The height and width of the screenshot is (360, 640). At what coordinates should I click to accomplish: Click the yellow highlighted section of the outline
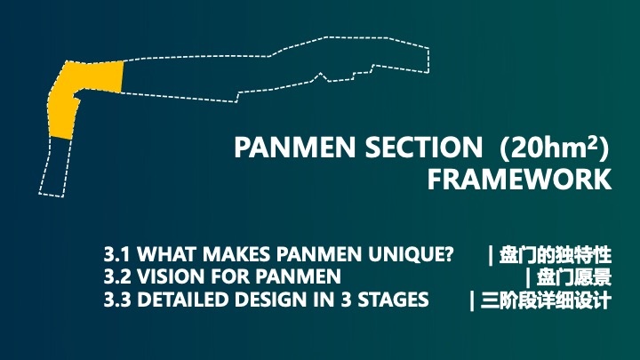point(65,102)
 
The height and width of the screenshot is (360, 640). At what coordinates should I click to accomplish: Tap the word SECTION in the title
point(424,148)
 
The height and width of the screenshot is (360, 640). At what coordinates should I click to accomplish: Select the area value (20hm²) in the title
point(555,148)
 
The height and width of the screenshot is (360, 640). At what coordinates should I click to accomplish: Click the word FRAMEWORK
point(520,180)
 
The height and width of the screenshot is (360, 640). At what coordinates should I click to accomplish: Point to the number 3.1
point(116,254)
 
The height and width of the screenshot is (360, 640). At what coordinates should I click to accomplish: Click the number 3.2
point(117,276)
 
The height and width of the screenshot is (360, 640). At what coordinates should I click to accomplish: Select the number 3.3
point(117,300)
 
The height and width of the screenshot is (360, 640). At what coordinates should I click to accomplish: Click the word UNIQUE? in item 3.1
point(411,255)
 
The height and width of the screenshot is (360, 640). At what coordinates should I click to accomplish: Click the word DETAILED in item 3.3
point(182,300)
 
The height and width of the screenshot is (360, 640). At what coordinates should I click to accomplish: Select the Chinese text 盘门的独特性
point(556,255)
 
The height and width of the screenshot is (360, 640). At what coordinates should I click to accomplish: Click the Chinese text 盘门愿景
point(574,277)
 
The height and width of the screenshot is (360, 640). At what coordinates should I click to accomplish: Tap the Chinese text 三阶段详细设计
point(546,300)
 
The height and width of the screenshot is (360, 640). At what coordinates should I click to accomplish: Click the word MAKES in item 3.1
point(236,254)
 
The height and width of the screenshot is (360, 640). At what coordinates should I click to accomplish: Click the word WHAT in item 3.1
point(166,254)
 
